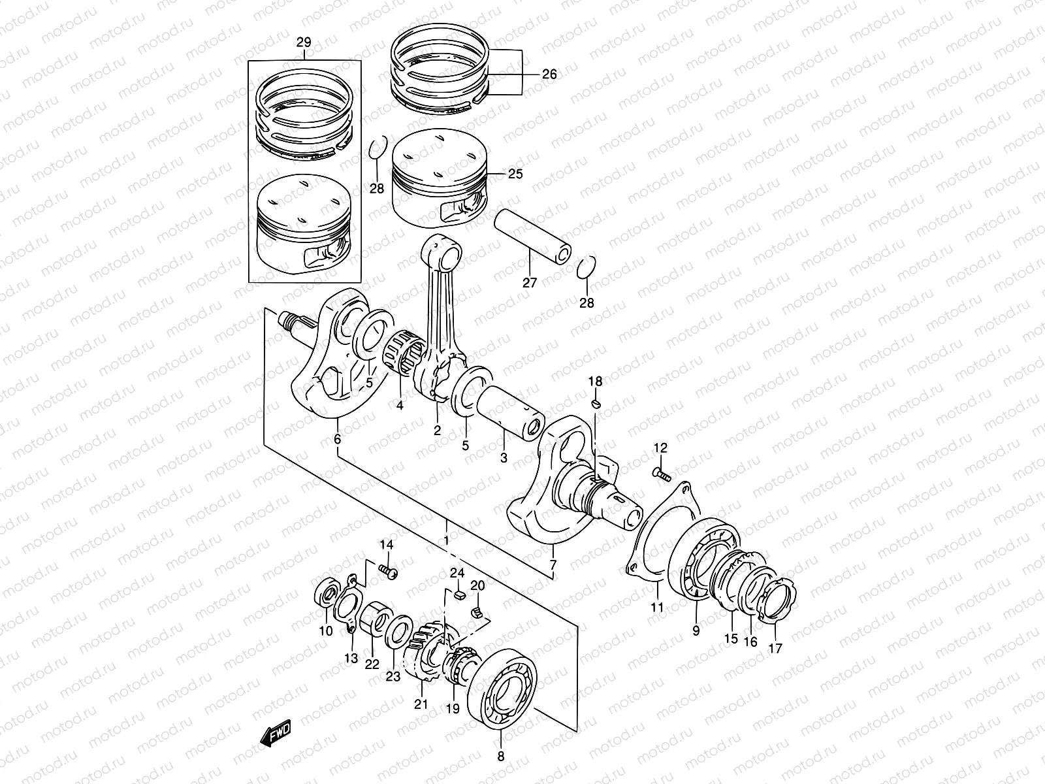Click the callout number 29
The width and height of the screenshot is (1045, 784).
coord(303,43)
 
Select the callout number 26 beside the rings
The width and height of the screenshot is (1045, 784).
coord(549,74)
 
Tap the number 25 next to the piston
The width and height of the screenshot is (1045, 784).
coord(515,174)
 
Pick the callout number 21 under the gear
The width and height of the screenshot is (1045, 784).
coord(421,704)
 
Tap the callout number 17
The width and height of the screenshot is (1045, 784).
coord(775,649)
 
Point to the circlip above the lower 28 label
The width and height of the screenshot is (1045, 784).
coord(587,268)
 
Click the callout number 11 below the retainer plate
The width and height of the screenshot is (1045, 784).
coord(657,607)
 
